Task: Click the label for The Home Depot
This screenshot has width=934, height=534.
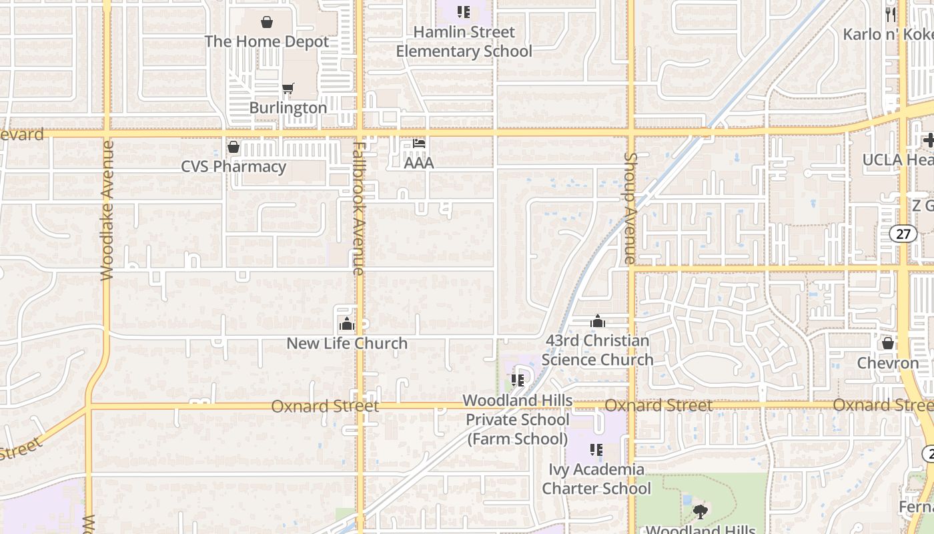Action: click(267, 41)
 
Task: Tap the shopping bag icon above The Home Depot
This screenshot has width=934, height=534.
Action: click(267, 22)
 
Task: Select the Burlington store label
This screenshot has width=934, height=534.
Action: click(288, 107)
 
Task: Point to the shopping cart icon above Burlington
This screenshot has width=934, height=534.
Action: click(288, 88)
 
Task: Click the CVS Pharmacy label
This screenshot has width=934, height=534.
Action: click(233, 166)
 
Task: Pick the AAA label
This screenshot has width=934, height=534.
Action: click(419, 162)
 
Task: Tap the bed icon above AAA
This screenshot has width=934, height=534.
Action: click(419, 143)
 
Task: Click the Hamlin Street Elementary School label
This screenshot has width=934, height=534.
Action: click(464, 41)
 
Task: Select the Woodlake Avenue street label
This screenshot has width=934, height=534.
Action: click(107, 210)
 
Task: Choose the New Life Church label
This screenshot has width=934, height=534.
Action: click(347, 343)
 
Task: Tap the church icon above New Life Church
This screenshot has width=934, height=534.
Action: click(347, 324)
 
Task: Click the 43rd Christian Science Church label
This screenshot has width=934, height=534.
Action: click(598, 350)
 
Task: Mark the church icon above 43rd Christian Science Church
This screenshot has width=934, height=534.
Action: click(598, 322)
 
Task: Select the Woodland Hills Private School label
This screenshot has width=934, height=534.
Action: click(518, 419)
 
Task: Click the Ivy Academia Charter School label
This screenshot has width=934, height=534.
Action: click(596, 479)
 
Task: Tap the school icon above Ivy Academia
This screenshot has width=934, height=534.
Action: click(596, 450)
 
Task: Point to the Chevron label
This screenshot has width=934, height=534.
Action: click(888, 363)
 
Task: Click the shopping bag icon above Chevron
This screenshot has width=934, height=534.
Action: click(888, 343)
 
